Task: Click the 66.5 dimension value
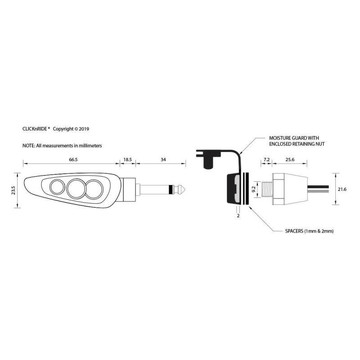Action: pos(73,160)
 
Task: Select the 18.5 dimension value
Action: pos(128,160)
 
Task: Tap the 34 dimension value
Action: pos(163,160)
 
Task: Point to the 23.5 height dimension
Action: pos(13,190)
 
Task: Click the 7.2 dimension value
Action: pos(266,160)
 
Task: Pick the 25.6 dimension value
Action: pos(290,160)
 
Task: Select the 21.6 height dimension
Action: pos(342,189)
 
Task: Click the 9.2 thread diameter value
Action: pos(253,189)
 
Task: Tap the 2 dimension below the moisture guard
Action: pos(238,216)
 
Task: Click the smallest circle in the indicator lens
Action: pos(58,187)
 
